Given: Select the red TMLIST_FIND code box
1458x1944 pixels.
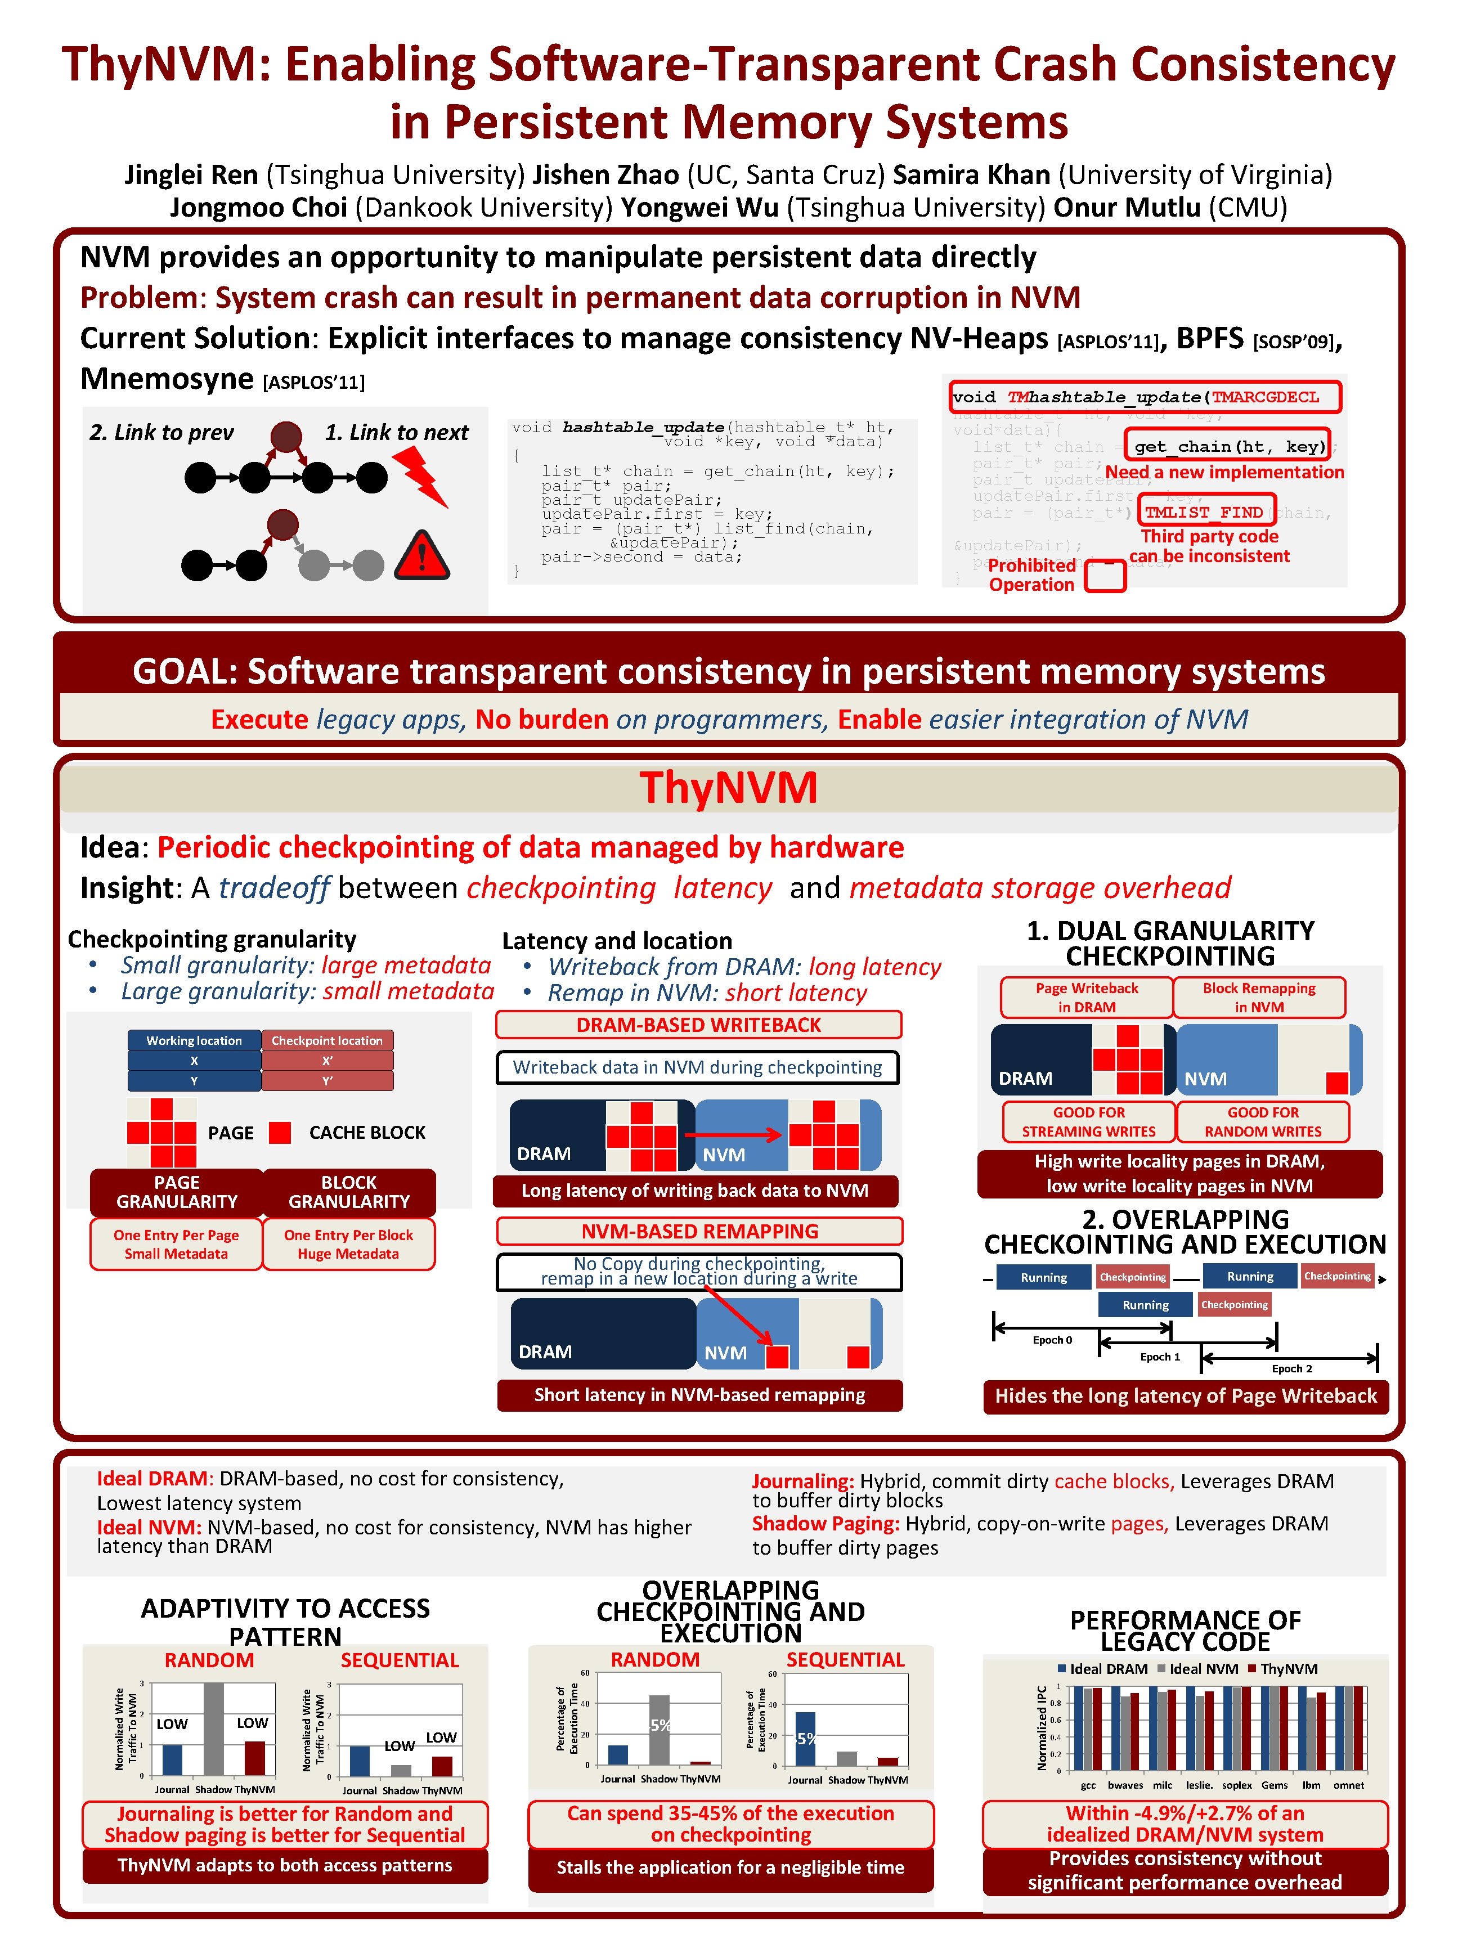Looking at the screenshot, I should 1203,511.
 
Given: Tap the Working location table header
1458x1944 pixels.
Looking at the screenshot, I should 194,1040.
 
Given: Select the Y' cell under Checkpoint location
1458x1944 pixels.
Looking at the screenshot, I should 327,1081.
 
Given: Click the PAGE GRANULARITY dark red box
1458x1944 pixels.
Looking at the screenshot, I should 177,1192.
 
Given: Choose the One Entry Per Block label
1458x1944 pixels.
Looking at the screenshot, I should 348,1235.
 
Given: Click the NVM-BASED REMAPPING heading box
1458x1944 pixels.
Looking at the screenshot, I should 699,1231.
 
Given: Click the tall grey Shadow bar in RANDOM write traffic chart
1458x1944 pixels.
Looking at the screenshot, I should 214,1729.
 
